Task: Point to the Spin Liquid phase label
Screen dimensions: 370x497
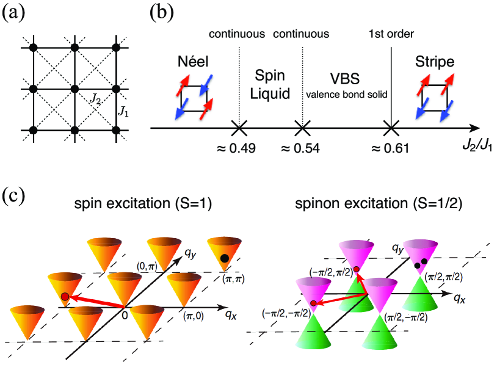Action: click(x=269, y=86)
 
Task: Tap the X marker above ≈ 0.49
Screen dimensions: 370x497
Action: click(x=239, y=129)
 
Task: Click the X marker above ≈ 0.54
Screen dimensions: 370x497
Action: click(x=300, y=129)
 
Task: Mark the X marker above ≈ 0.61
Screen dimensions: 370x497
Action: click(x=390, y=129)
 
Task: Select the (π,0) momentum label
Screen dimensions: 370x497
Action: click(x=194, y=315)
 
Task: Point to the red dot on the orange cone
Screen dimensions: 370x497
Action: click(x=65, y=297)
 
